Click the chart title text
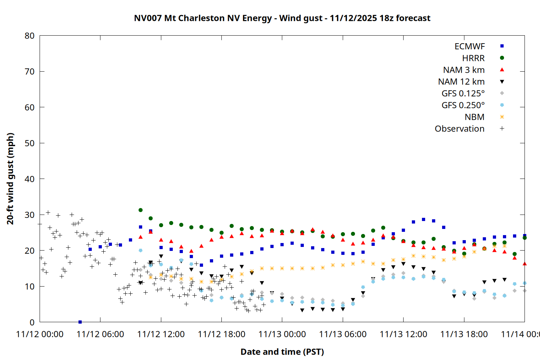click(x=282, y=18)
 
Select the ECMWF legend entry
click(x=469, y=46)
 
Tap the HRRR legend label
click(x=473, y=58)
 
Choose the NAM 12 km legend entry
click(x=461, y=82)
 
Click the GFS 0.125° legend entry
click(x=463, y=94)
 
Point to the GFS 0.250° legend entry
click(x=463, y=105)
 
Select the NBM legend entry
click(x=474, y=117)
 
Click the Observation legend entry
click(x=459, y=129)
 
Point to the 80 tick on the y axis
click(x=30, y=36)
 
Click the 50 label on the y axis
click(x=30, y=143)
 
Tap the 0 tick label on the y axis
click(x=32, y=322)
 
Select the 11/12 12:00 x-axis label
click(x=161, y=334)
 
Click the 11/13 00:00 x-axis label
click(x=282, y=334)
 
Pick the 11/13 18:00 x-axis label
click(x=464, y=334)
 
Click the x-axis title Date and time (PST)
click(x=282, y=352)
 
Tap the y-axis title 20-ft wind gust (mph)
click(x=10, y=179)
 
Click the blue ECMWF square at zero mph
click(x=80, y=322)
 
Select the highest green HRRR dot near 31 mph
click(x=140, y=210)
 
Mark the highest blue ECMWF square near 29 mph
click(x=423, y=219)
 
